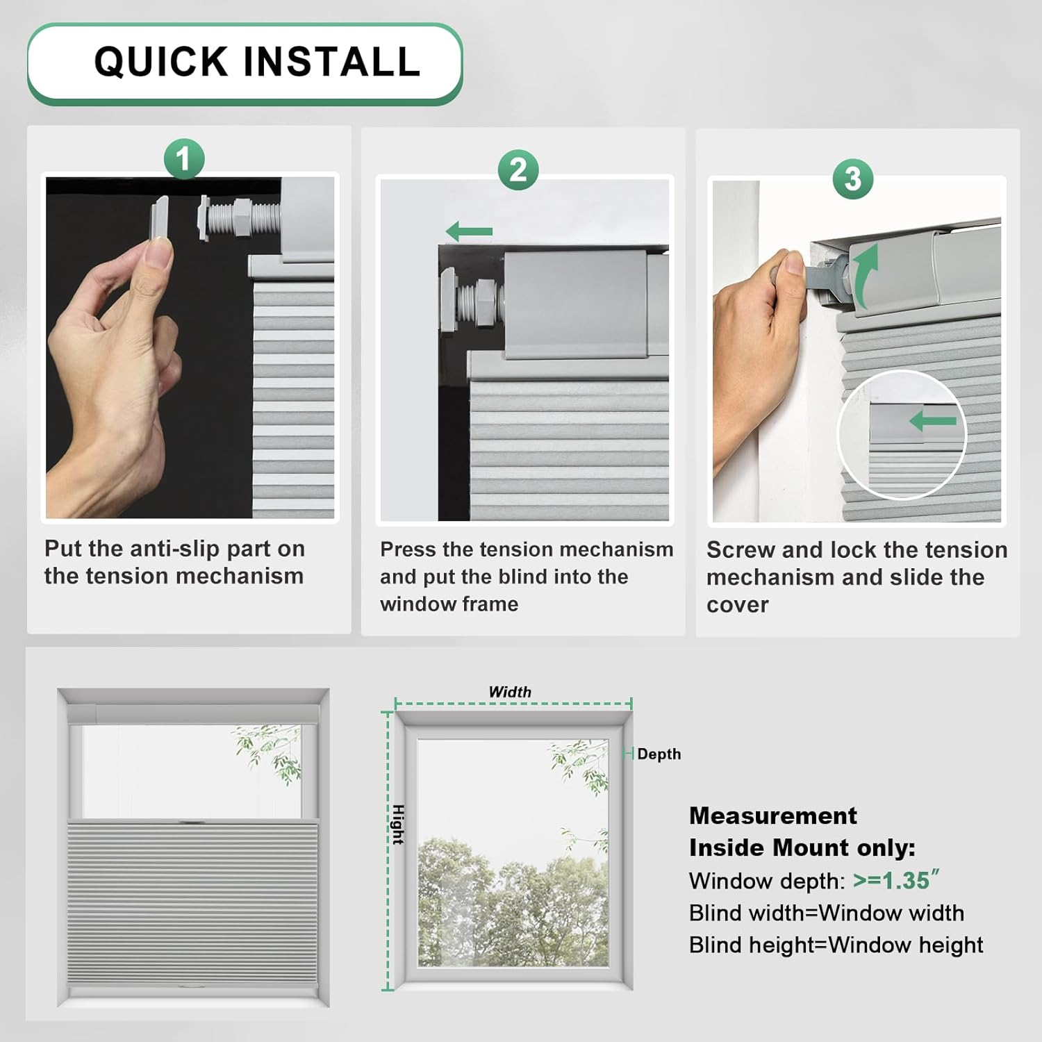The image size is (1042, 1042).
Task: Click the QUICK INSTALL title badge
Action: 245,63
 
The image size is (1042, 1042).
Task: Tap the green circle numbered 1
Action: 184,159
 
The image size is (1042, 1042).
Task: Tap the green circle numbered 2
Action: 518,170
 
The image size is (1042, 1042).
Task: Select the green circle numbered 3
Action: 853,179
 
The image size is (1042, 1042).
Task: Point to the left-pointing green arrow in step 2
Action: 469,231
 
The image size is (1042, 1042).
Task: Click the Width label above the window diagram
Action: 510,692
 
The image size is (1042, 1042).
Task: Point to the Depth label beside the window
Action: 659,754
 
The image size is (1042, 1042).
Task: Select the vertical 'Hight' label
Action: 398,825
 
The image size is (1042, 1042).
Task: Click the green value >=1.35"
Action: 895,880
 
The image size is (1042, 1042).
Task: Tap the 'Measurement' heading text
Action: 772,816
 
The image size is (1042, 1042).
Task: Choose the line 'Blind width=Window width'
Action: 826,913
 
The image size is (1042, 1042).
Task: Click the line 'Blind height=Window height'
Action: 836,945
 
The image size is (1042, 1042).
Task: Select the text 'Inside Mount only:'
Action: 802,847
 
